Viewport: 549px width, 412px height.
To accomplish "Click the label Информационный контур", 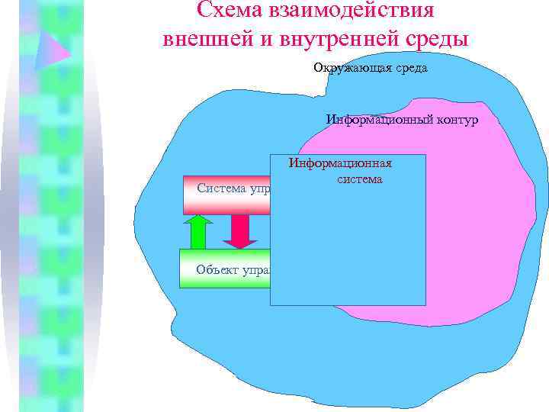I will (x=402, y=120).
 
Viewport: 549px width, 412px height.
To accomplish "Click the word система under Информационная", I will (x=358, y=180).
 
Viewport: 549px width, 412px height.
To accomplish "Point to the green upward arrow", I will (x=199, y=232).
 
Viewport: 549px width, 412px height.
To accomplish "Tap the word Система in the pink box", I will (x=219, y=188).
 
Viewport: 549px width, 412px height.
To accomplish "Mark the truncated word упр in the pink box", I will (x=258, y=188).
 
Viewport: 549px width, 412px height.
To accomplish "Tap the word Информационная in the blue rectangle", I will (x=341, y=163).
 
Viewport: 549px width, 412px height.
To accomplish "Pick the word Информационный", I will (x=374, y=120).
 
